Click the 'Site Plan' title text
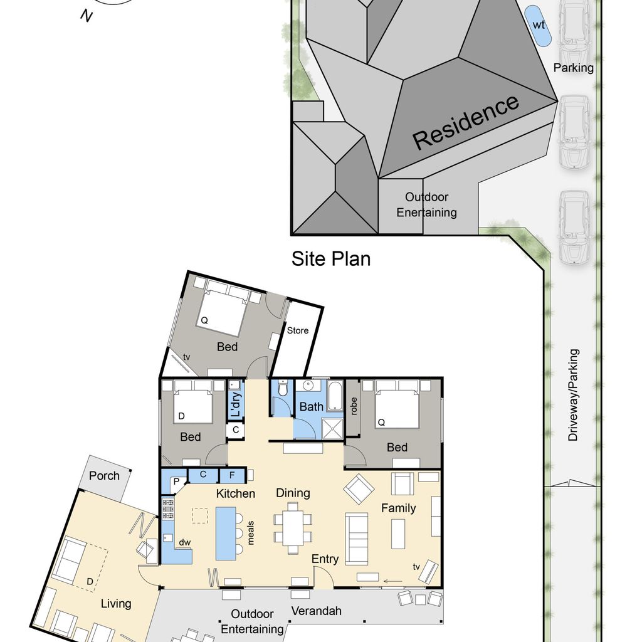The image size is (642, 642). coord(331,259)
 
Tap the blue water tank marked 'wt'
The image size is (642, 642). coord(537,25)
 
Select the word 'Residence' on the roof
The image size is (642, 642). coord(466,122)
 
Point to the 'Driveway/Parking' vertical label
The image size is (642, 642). coord(573,395)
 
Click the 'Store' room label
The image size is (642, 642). coord(298,330)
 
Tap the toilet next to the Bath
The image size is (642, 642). coord(283,387)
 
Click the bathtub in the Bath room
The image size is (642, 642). coord(336,396)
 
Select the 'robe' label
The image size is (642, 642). coord(354,406)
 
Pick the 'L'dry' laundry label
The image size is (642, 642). coord(236,404)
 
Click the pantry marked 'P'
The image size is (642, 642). coord(175,481)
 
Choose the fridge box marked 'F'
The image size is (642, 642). coord(232,475)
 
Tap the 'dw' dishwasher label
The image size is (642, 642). coord(185,542)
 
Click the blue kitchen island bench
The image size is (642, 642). coord(226,534)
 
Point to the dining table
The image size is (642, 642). coord(293,528)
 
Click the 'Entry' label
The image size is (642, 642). coord(325,559)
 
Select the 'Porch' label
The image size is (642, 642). coord(105,476)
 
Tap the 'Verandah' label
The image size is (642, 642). coord(317,611)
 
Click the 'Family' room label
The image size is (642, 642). coord(398,508)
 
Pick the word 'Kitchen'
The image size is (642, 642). coord(236,493)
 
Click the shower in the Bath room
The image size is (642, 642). coord(332,429)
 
